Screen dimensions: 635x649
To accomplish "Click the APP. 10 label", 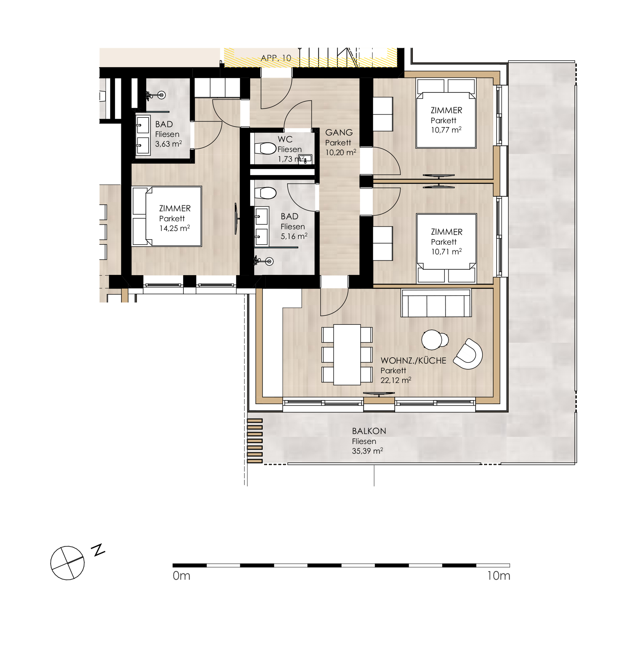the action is [x=276, y=58].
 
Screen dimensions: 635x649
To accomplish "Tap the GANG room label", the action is [x=339, y=133].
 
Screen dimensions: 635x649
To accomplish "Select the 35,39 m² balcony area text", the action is [x=367, y=451].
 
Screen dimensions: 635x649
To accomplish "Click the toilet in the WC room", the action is [x=266, y=148].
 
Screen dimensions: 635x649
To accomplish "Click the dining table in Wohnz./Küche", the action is [x=347, y=355].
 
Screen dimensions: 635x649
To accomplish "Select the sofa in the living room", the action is [x=436, y=303].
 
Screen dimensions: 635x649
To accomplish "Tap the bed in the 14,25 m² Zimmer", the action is [x=167, y=216].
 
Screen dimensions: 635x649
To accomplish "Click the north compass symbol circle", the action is [x=68, y=563].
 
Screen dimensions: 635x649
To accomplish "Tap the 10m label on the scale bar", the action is [x=499, y=576].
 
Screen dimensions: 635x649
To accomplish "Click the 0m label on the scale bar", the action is [x=181, y=576].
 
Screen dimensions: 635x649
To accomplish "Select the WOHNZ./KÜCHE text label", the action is [x=413, y=361].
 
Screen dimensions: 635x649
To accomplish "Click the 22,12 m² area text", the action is [x=396, y=380].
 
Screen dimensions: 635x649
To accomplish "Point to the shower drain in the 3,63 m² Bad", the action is [x=162, y=95].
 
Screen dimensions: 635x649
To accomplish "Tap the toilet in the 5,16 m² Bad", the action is [x=266, y=193].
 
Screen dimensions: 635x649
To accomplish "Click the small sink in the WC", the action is [x=305, y=159].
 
